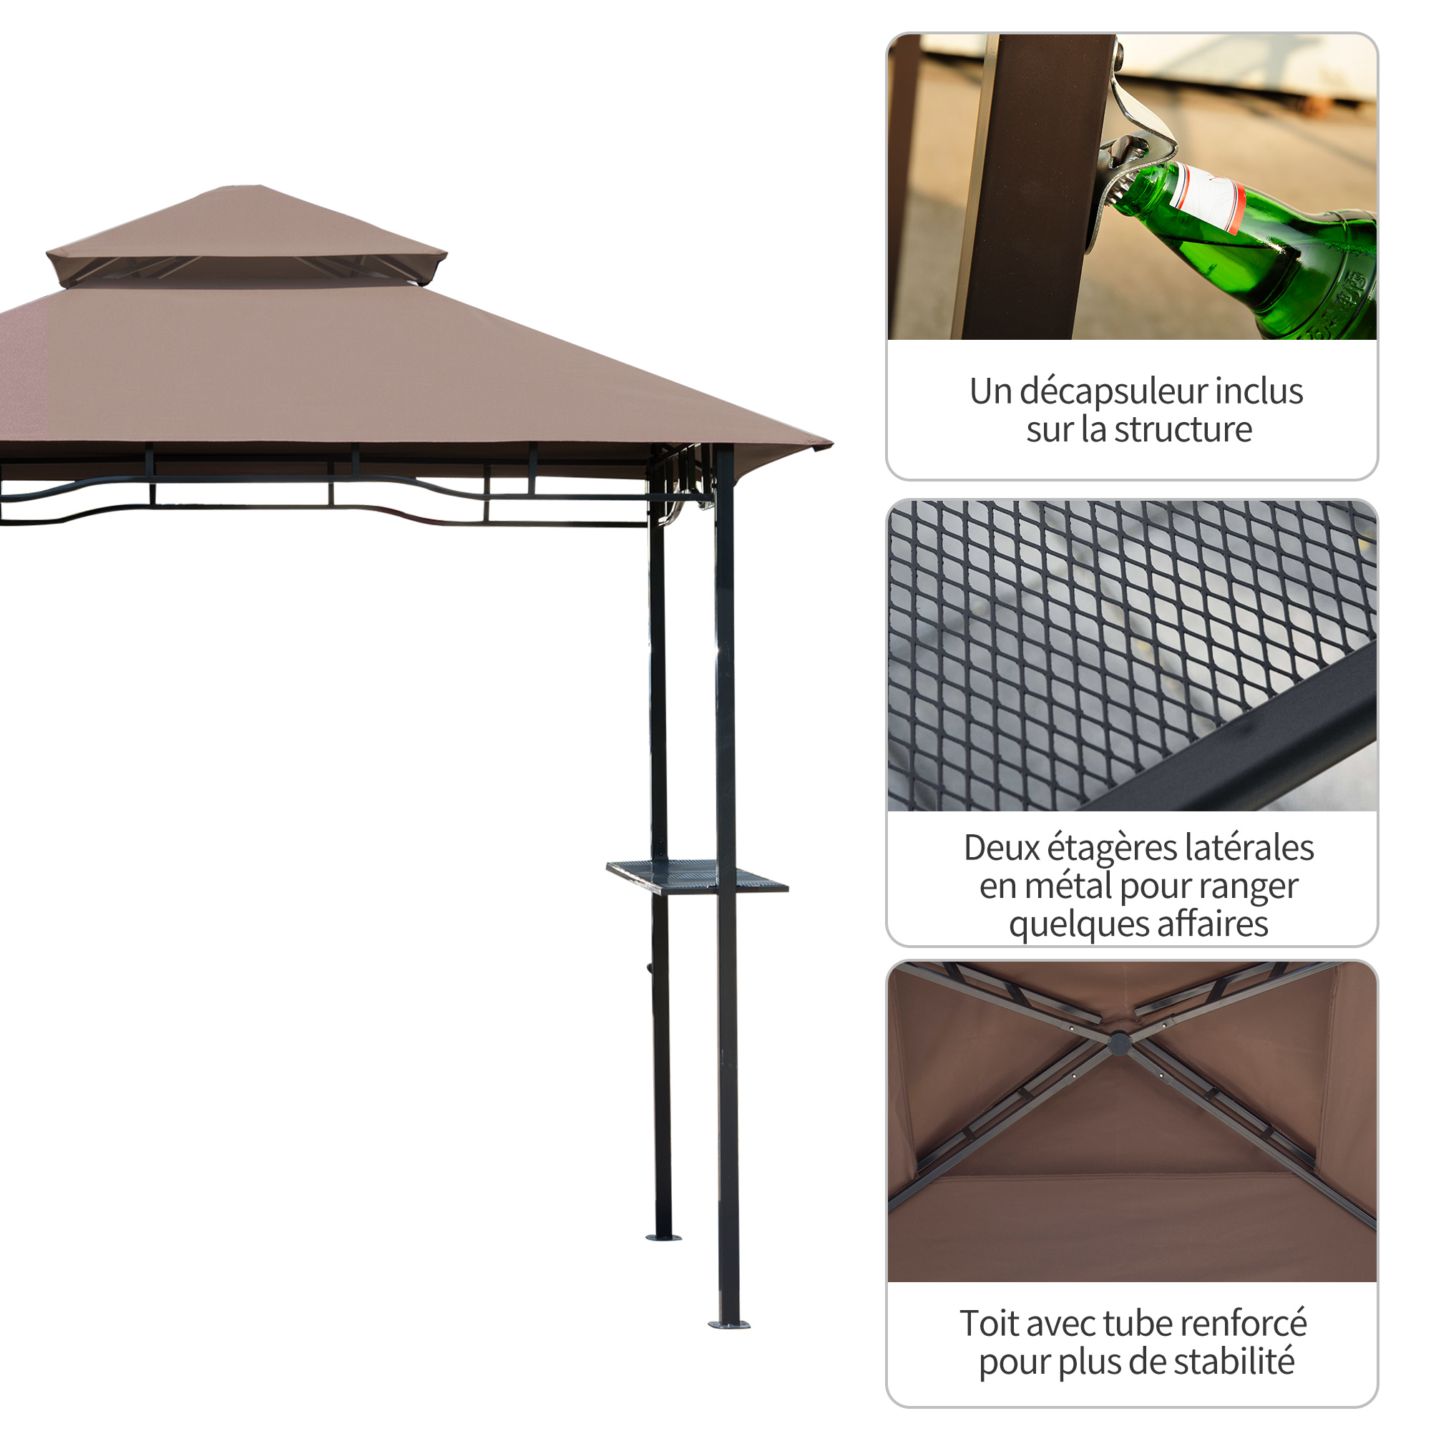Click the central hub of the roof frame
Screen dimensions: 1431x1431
pyautogui.click(x=1118, y=1044)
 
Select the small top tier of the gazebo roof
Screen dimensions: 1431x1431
pyautogui.click(x=247, y=235)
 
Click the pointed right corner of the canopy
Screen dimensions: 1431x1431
pyautogui.click(x=832, y=444)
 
